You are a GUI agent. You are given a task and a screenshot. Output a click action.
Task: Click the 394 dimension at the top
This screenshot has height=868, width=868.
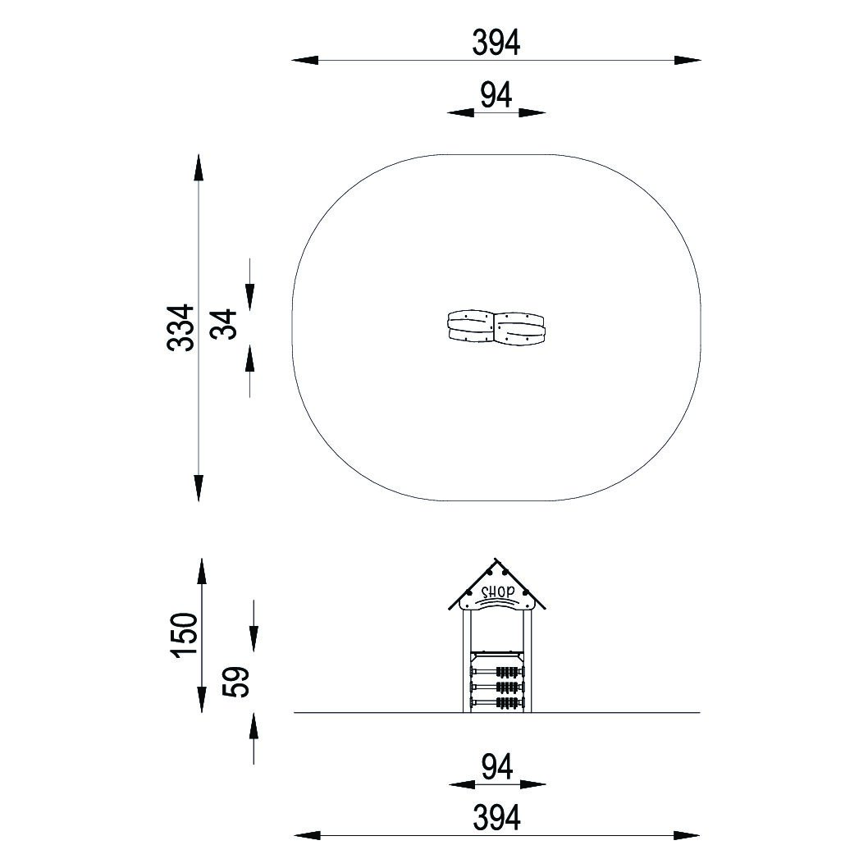(496, 43)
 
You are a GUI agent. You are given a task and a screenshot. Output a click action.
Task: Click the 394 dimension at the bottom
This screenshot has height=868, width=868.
(496, 818)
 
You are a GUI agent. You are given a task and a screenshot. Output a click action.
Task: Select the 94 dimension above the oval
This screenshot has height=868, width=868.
(496, 95)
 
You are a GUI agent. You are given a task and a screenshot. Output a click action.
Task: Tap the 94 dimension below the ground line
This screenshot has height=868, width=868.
(497, 767)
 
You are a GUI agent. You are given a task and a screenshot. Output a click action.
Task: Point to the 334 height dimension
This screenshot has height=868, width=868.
(180, 327)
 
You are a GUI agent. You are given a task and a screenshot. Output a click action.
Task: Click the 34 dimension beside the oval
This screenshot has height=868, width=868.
(224, 324)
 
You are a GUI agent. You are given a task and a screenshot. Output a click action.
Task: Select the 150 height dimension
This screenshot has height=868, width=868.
(185, 635)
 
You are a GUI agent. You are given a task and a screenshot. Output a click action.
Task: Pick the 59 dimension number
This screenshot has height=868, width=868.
(237, 682)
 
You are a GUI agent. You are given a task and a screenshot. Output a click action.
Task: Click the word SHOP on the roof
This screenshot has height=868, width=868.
(497, 592)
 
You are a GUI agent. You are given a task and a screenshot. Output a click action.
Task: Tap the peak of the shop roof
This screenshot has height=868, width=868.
(496, 559)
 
